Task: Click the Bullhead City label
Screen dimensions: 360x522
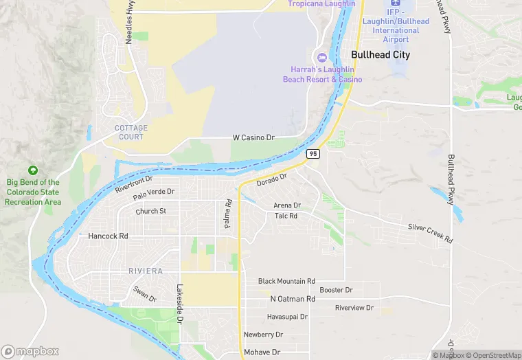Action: coord(381,54)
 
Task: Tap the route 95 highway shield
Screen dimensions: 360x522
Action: coord(313,153)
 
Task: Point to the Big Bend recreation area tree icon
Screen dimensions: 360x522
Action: coord(32,170)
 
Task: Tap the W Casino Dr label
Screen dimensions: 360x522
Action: coord(253,137)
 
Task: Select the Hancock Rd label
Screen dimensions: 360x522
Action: coord(109,236)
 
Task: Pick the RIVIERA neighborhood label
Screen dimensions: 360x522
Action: coord(146,271)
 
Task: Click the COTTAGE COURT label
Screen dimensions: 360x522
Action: coord(130,132)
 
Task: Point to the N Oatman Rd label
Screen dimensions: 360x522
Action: coord(293,299)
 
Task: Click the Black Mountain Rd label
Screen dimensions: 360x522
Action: coord(286,281)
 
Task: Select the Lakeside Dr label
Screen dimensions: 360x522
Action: coord(180,304)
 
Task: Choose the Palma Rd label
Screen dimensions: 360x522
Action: coord(227,215)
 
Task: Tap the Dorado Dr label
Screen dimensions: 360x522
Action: coord(271,181)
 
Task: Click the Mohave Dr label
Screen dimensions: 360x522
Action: coord(262,352)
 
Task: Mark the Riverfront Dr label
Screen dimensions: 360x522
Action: coord(133,184)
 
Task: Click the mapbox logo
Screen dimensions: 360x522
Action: coord(30,351)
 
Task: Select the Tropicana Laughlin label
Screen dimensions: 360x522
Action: coord(321,4)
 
